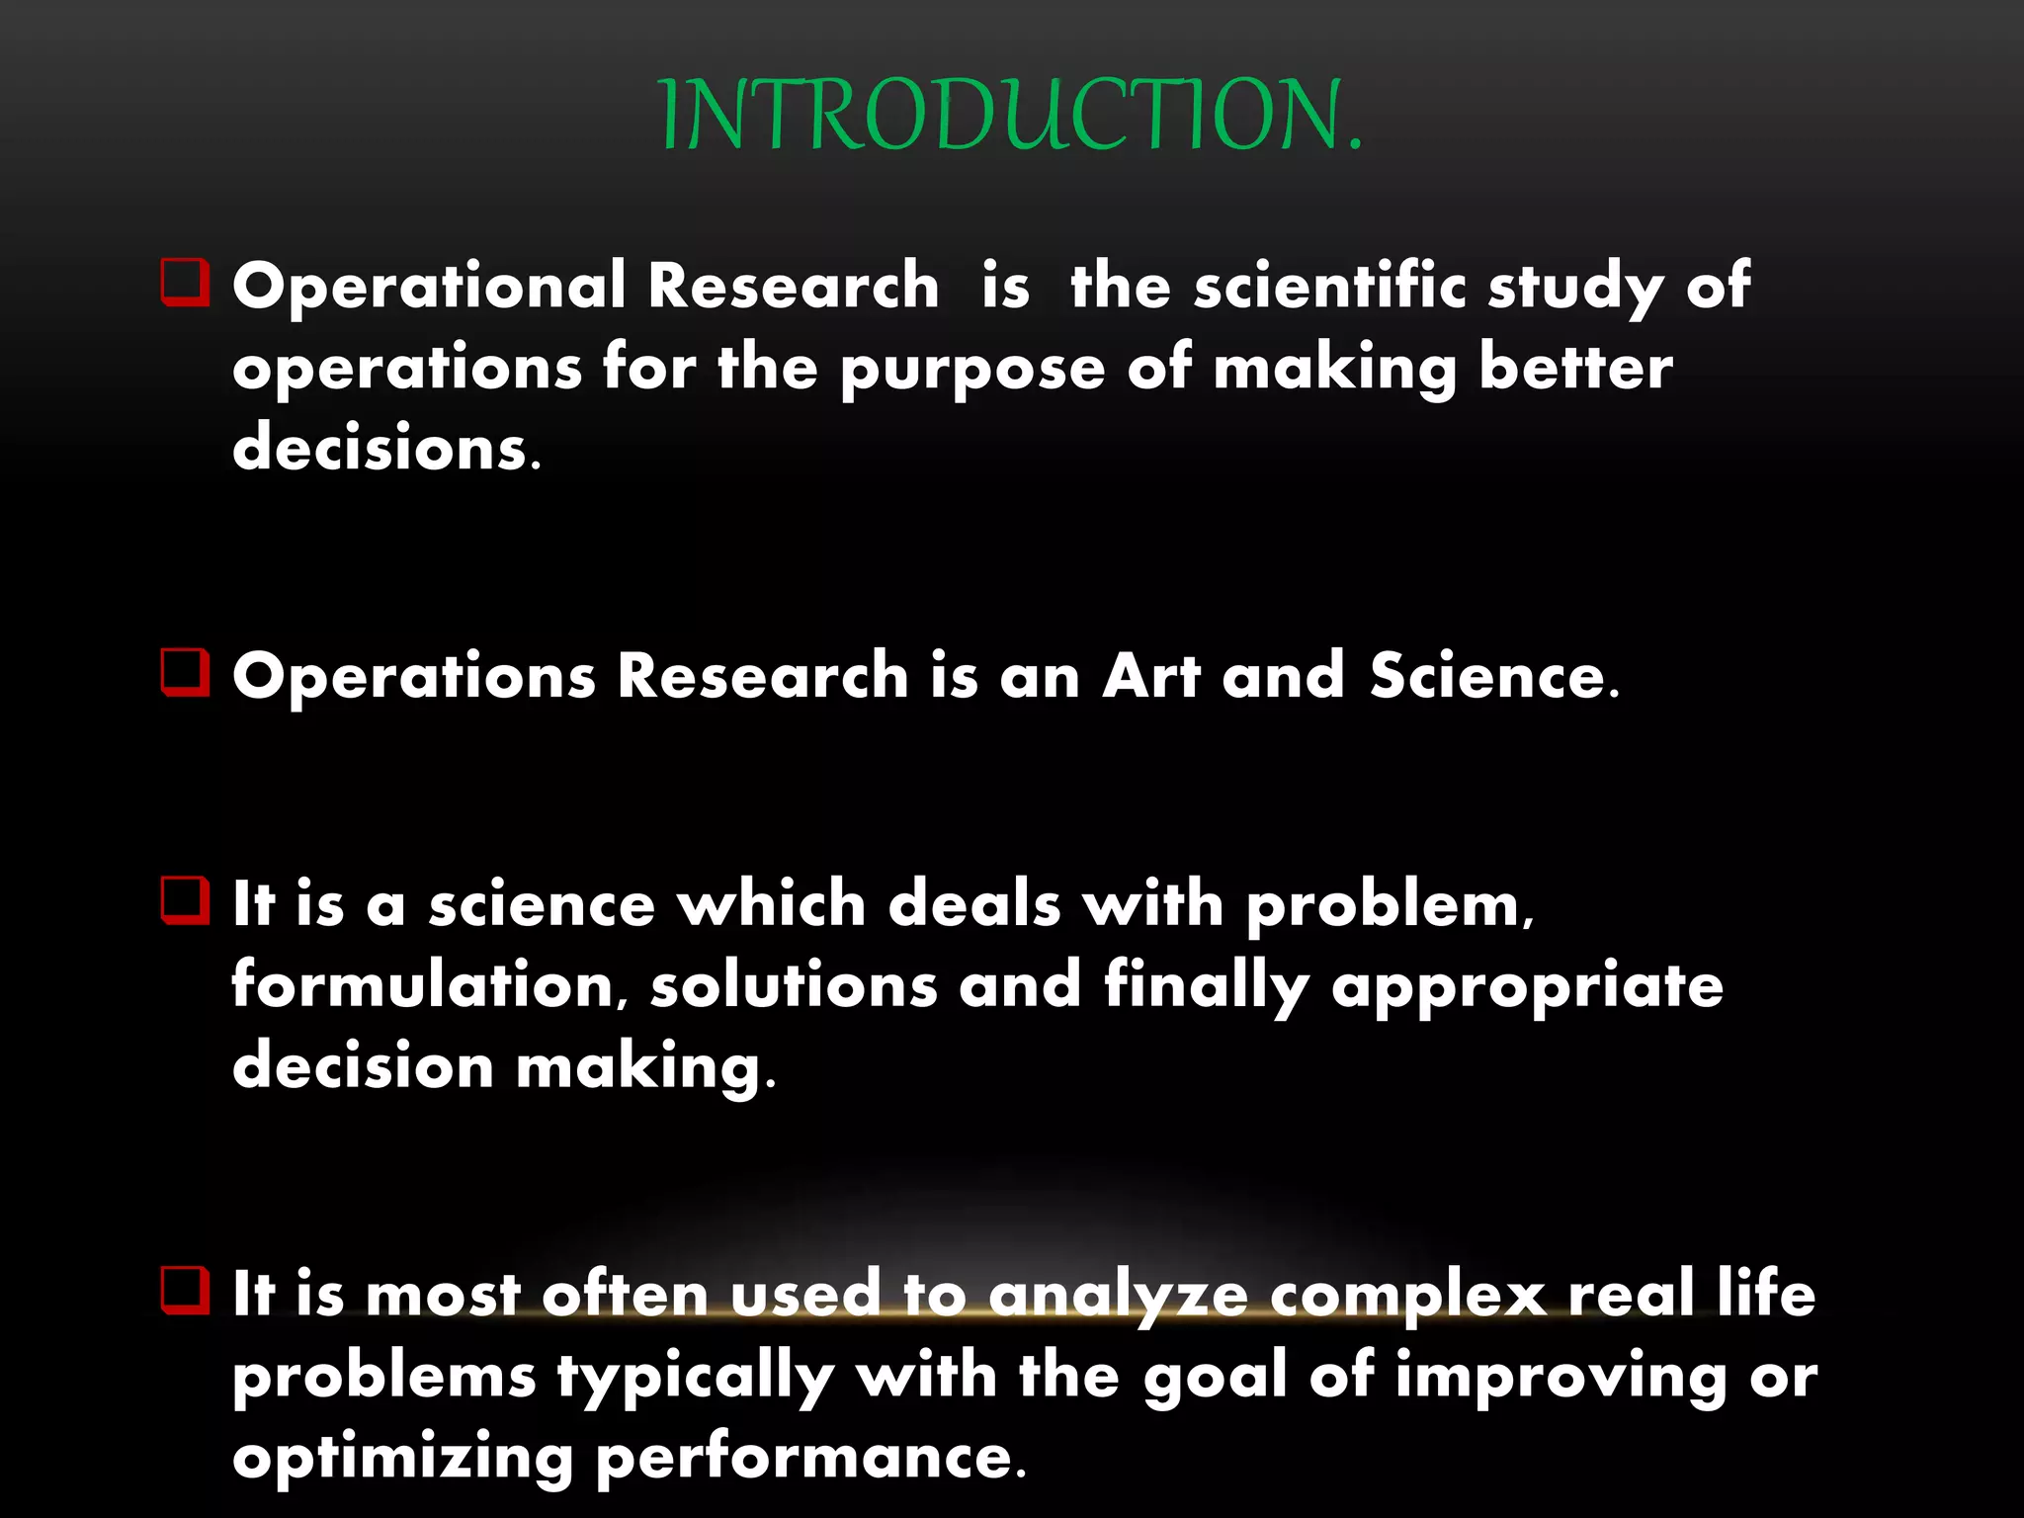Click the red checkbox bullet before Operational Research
pyautogui.click(x=185, y=283)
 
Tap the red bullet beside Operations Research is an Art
pyautogui.click(x=185, y=673)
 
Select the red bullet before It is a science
pyautogui.click(x=185, y=900)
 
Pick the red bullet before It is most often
pyautogui.click(x=185, y=1291)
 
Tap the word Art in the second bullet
pyautogui.click(x=1150, y=676)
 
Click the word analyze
pyautogui.click(x=1118, y=1296)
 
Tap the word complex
pyautogui.click(x=1407, y=1296)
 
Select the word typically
pyautogui.click(x=696, y=1378)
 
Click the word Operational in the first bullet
pyautogui.click(x=428, y=287)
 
